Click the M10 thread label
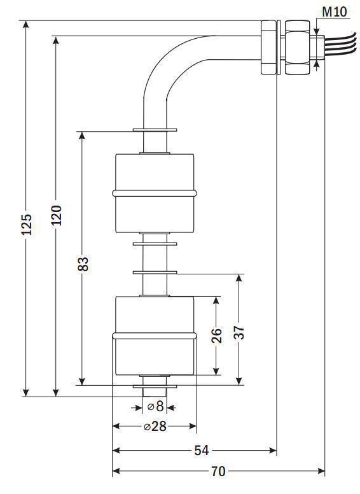[334, 12]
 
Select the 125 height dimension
[27, 224]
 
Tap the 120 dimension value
[57, 215]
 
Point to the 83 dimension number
[83, 264]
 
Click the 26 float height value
[216, 335]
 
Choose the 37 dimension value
[240, 332]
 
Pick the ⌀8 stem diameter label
[155, 406]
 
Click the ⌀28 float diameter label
[155, 427]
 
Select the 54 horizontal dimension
[202, 451]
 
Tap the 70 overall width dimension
[218, 471]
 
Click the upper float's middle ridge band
[155, 193]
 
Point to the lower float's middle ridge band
[155, 336]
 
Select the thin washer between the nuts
[278, 47]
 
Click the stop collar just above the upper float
[155, 130]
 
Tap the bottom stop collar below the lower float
[155, 386]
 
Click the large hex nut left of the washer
[268, 47]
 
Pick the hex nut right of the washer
[297, 47]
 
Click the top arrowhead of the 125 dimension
[26, 25]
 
